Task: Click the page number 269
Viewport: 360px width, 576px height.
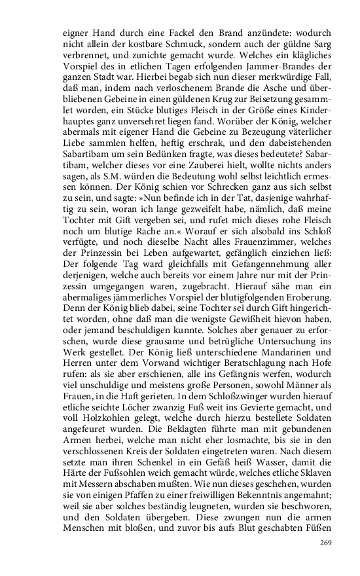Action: (x=325, y=543)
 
